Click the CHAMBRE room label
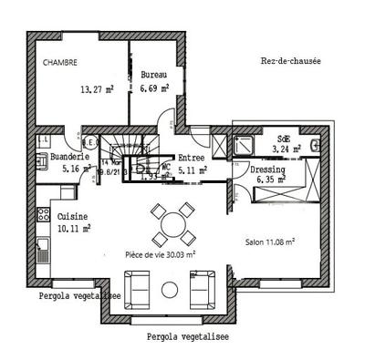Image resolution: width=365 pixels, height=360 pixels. tap(60, 63)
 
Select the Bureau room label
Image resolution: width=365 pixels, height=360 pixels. tap(151, 73)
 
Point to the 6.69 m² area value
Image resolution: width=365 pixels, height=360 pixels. tap(154, 90)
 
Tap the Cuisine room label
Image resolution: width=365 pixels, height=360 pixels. tap(72, 216)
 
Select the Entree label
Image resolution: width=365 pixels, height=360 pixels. tap(191, 157)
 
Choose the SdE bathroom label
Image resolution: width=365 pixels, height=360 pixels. tap(284, 139)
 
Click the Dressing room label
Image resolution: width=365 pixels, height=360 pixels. tap(268, 170)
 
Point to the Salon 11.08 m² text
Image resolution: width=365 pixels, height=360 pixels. tap(276, 242)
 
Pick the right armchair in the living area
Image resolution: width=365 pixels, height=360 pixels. tap(203, 288)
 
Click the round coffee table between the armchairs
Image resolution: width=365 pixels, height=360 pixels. tap(170, 290)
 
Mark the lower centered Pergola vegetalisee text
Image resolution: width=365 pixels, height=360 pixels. tap(188, 337)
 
